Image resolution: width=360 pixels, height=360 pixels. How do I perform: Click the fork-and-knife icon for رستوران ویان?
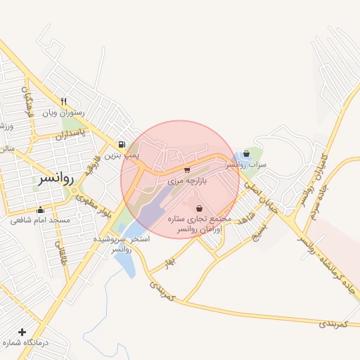pos(64,101)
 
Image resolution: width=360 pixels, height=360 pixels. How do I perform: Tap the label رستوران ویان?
pos(64,112)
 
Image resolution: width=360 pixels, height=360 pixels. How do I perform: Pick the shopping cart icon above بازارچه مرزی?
pos(186,169)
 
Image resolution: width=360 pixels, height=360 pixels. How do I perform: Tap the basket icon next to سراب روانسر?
pos(246,153)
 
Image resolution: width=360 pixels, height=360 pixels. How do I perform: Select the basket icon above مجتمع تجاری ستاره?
pos(200,208)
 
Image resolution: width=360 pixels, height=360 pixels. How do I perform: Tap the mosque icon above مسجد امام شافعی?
pos(40,210)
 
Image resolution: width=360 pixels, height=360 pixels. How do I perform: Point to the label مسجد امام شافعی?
pos(40,220)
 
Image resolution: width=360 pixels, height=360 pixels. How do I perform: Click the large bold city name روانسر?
pos(53,179)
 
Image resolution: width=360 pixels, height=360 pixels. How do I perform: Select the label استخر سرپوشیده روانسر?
pos(124,244)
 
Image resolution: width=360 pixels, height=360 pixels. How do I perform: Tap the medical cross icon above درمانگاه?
pos(22,332)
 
